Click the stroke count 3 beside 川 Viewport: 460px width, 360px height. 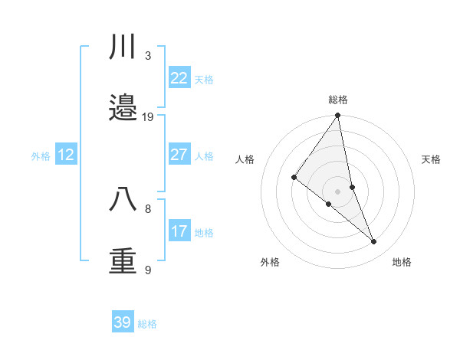tap(148, 55)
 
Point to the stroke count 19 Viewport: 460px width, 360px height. tap(148, 117)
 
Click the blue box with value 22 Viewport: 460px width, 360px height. tap(179, 78)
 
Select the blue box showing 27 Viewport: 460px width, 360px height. tap(179, 155)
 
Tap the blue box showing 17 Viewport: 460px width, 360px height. tap(179, 231)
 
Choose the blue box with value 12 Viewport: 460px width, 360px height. tap(66, 155)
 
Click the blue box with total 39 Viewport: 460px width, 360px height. tap(123, 322)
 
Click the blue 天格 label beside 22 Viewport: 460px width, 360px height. tap(204, 80)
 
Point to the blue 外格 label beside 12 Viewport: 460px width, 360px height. tap(41, 156)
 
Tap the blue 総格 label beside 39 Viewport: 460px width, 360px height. tap(147, 324)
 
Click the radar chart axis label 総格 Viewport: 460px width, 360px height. tap(338, 100)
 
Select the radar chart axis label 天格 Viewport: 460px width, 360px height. tap(432, 159)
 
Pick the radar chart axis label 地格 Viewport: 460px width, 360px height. tap(402, 262)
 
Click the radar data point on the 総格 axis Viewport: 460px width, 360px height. tap(338, 116)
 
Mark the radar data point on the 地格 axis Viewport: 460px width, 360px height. tap(374, 242)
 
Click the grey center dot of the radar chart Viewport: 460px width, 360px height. tap(338, 191)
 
